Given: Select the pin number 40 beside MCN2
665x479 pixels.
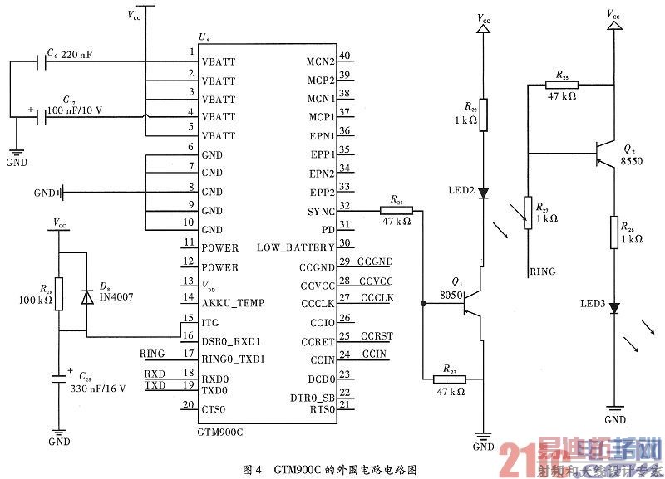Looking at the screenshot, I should (x=344, y=56).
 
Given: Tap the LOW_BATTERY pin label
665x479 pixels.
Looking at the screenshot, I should (x=295, y=247).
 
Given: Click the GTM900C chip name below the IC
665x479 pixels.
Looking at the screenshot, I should (x=223, y=433).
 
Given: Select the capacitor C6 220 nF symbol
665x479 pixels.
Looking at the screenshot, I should (x=40, y=61).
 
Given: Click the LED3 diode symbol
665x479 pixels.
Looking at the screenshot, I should (x=614, y=308).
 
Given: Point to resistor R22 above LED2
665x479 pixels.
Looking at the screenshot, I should (x=484, y=115).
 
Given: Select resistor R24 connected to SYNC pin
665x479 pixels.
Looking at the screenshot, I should (x=395, y=211).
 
